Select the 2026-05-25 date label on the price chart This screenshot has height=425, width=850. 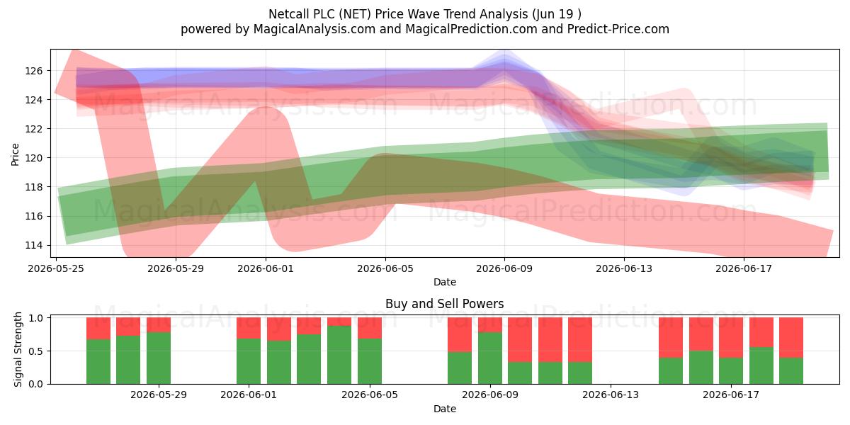[56, 268]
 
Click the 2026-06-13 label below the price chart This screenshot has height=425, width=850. [624, 268]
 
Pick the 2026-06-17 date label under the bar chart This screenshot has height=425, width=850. [731, 395]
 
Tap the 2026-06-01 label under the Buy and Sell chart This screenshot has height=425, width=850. [249, 395]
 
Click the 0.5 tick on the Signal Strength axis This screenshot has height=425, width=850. [36, 351]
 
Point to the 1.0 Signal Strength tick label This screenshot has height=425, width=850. [36, 318]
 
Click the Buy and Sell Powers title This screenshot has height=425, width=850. [445, 304]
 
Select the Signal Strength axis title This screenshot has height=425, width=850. [18, 349]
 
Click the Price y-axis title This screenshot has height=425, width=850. [15, 155]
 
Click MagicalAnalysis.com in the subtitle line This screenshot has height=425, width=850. [314, 29]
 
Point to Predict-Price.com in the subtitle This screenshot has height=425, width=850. [618, 29]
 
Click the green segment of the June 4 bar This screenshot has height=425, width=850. [339, 355]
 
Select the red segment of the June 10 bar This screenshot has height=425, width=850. [520, 339]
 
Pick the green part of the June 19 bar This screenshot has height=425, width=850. [791, 370]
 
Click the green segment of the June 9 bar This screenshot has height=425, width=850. [490, 358]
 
